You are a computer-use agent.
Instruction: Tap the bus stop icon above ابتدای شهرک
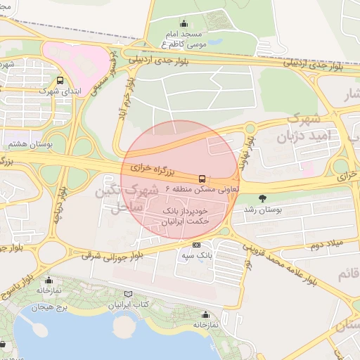60,81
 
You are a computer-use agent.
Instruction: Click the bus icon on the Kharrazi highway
202,179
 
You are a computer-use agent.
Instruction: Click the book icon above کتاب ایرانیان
127,294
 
